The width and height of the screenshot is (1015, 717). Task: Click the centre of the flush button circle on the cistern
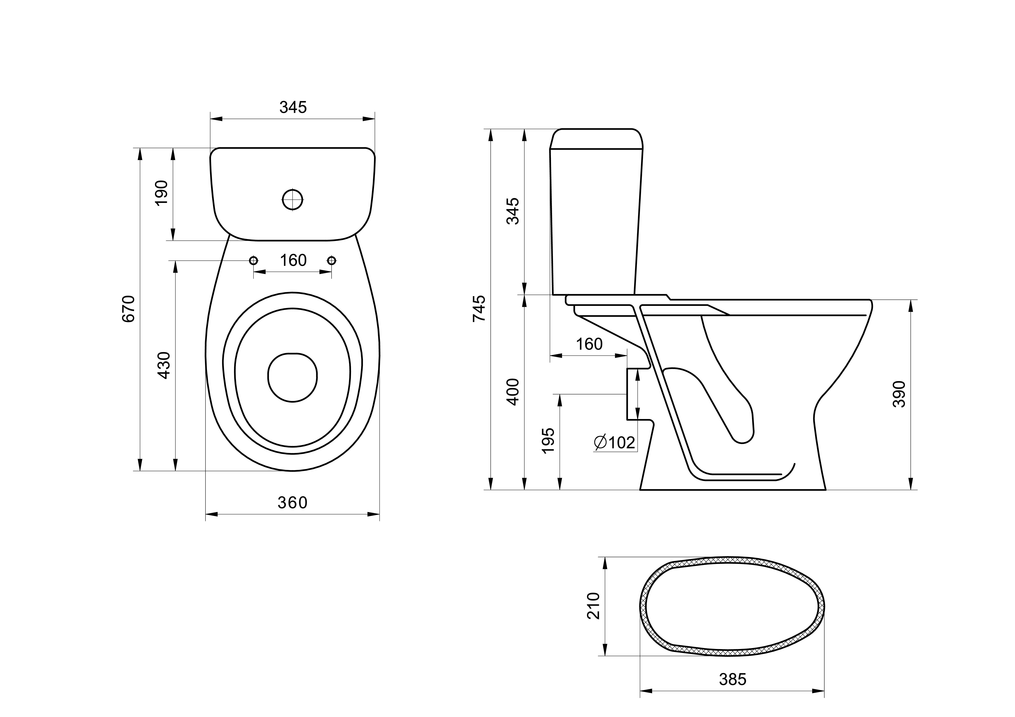tap(293, 200)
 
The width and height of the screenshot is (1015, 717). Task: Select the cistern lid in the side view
tap(596, 139)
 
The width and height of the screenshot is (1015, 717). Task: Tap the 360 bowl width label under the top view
tap(292, 503)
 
